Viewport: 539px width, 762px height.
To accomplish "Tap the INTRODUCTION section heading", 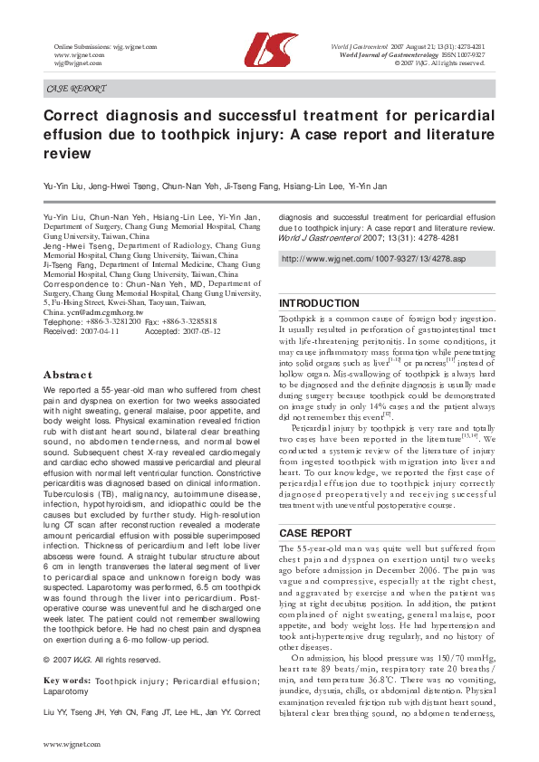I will [319, 303].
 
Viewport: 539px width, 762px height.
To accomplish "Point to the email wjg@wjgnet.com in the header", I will [78, 64].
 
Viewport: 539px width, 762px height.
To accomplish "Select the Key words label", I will [67, 679].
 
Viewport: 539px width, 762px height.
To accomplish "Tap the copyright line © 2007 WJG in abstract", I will [87, 659].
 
